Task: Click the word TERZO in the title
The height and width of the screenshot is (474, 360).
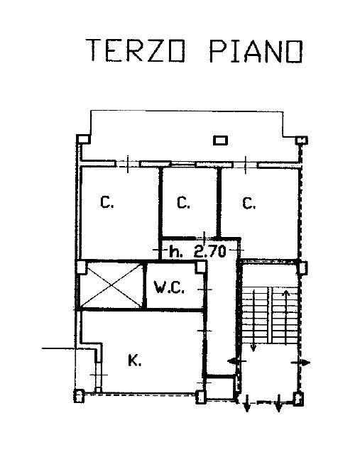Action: coord(136,50)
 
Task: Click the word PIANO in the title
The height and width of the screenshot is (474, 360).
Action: coord(256,51)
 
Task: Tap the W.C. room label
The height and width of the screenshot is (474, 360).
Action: coord(169,287)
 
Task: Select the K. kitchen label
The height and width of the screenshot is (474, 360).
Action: coord(134,360)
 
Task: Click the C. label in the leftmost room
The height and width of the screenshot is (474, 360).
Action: coord(107,202)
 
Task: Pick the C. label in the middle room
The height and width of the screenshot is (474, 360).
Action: coord(183,202)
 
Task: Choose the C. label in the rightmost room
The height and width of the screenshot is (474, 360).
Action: coord(249,203)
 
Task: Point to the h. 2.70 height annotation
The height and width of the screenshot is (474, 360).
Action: coord(197,251)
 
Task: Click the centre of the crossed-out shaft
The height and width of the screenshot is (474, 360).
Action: coord(111,285)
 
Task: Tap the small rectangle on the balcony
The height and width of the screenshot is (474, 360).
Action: coord(220,140)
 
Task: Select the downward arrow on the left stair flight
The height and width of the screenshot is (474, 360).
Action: coord(253,320)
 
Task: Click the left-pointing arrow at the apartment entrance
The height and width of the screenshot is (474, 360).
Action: coord(237,361)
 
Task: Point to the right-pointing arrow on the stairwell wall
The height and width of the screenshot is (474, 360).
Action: coord(300,363)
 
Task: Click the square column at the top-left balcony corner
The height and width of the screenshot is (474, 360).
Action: coord(83,139)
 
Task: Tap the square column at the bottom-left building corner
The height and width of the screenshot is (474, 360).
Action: coord(79,396)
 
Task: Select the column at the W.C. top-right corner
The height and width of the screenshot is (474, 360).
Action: coord(200,268)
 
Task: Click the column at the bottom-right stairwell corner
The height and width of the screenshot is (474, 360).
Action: coord(298,397)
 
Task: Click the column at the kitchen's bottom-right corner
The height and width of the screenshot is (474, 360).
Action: coord(200,397)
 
